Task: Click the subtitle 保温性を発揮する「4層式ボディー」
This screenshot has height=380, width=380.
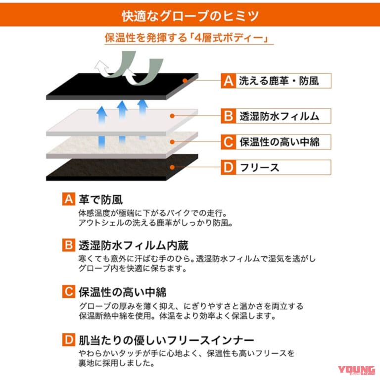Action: coord(190,38)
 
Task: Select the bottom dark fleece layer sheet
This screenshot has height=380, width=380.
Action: coord(119,168)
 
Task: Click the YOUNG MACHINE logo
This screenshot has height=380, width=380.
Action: coord(356,371)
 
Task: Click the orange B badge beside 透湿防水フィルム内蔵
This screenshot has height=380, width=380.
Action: coord(68,245)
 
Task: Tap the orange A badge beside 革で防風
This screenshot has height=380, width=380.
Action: coord(68,199)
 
